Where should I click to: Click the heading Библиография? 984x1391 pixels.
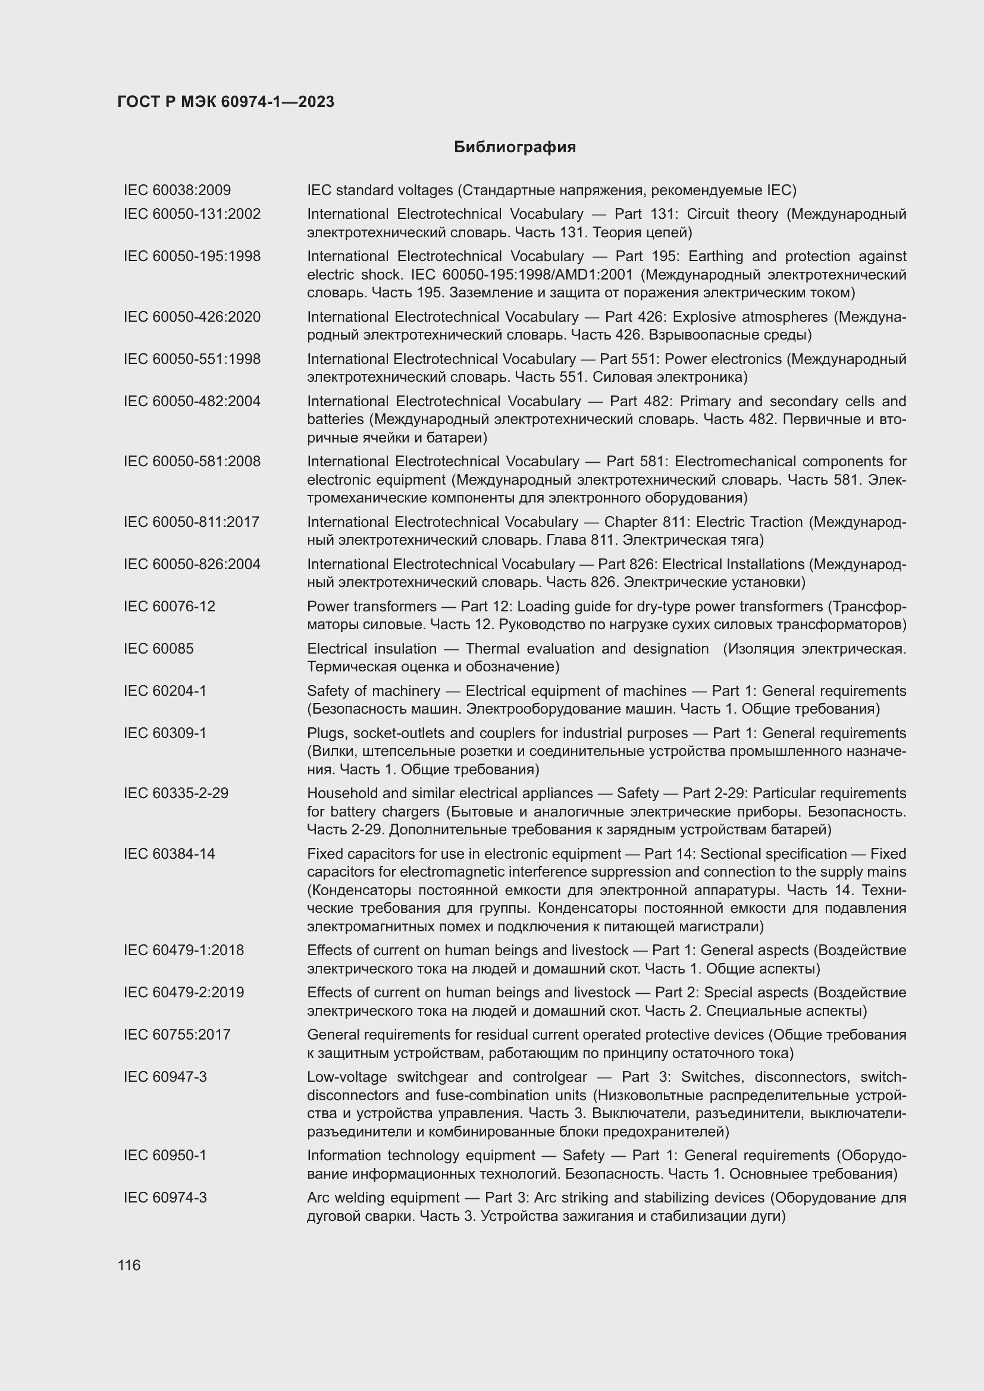(x=515, y=147)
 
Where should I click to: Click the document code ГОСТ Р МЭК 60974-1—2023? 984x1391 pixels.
(x=225, y=102)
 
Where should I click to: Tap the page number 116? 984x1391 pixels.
(x=129, y=1265)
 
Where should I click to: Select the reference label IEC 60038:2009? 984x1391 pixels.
(x=177, y=190)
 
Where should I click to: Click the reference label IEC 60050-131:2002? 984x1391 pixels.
(x=192, y=214)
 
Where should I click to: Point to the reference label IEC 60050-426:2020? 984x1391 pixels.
(x=192, y=317)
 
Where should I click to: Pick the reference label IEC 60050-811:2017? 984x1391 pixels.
(x=192, y=522)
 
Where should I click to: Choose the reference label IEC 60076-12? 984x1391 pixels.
(x=169, y=607)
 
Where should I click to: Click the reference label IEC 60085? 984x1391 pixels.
(x=158, y=649)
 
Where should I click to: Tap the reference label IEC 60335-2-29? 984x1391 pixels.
(x=176, y=793)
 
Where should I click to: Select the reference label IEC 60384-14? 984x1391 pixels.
(x=169, y=853)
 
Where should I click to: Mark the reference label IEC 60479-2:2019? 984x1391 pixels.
(x=184, y=993)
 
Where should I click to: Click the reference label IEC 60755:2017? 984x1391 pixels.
(x=177, y=1034)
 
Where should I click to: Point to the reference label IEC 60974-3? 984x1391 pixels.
(x=165, y=1197)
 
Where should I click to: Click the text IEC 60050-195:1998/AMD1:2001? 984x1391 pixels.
(x=522, y=274)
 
